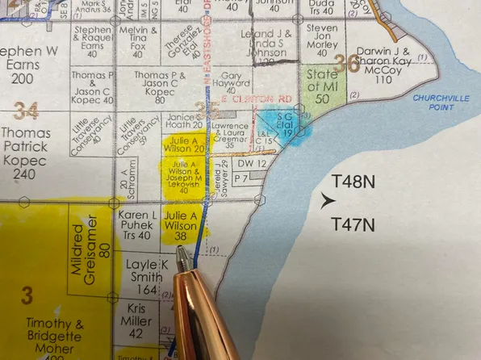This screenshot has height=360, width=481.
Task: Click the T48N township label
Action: pyautogui.click(x=353, y=182)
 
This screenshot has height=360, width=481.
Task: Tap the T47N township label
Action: pyautogui.click(x=353, y=225)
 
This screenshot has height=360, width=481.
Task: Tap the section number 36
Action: pyautogui.click(x=347, y=62)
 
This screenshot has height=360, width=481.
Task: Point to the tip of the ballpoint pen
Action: pyautogui.click(x=183, y=252)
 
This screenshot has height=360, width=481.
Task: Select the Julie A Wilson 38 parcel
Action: pyautogui.click(x=180, y=225)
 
